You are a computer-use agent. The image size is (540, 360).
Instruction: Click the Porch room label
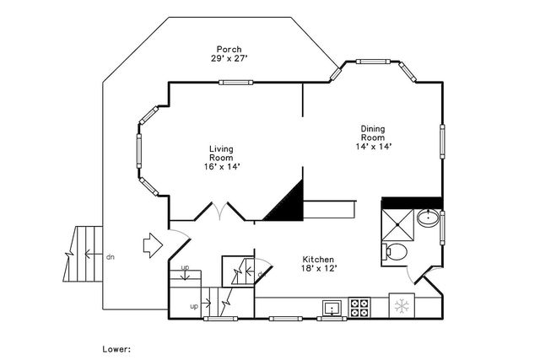point(229,49)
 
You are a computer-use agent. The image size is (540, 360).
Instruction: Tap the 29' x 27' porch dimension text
point(229,58)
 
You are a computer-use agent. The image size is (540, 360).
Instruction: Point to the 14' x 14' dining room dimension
point(374,146)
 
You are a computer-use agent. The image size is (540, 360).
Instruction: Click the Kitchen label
point(318,260)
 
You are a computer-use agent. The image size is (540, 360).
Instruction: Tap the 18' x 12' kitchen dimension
point(319,268)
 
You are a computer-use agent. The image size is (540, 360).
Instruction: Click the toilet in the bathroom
point(395,251)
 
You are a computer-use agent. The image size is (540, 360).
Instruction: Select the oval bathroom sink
point(428,218)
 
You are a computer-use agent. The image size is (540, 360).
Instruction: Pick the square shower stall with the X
point(397,224)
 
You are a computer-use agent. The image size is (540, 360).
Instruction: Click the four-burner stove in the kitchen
point(359,308)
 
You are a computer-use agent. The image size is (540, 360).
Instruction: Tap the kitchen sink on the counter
point(332,308)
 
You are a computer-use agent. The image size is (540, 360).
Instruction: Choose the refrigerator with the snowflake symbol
point(402,306)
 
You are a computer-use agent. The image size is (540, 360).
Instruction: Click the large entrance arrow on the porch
point(153,245)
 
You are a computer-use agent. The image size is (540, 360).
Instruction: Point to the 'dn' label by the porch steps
point(111,257)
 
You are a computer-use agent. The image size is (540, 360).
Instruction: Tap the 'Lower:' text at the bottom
point(116,349)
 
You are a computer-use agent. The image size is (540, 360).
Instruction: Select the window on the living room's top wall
point(236,83)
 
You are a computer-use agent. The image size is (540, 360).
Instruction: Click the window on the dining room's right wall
point(442,142)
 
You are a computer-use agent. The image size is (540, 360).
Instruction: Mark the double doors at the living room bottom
point(219,212)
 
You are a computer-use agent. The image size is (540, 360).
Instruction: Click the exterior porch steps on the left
point(83,254)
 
